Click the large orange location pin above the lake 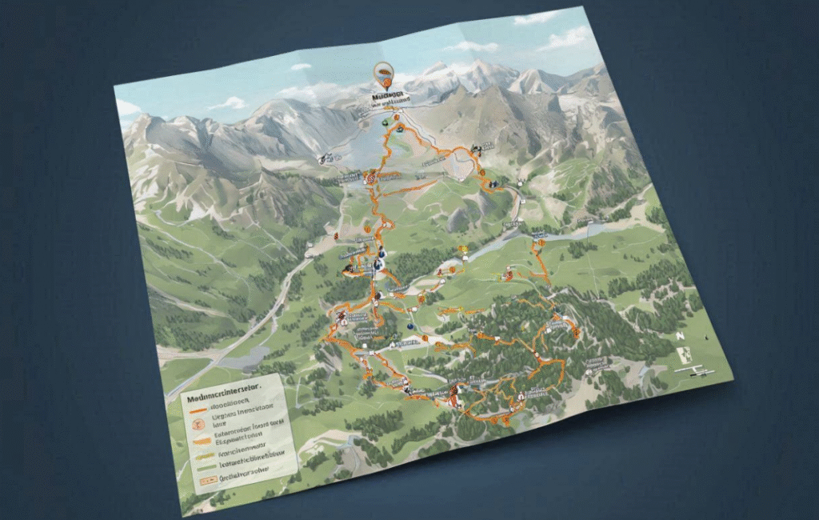click(384, 77)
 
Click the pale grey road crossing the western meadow click(240, 329)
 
